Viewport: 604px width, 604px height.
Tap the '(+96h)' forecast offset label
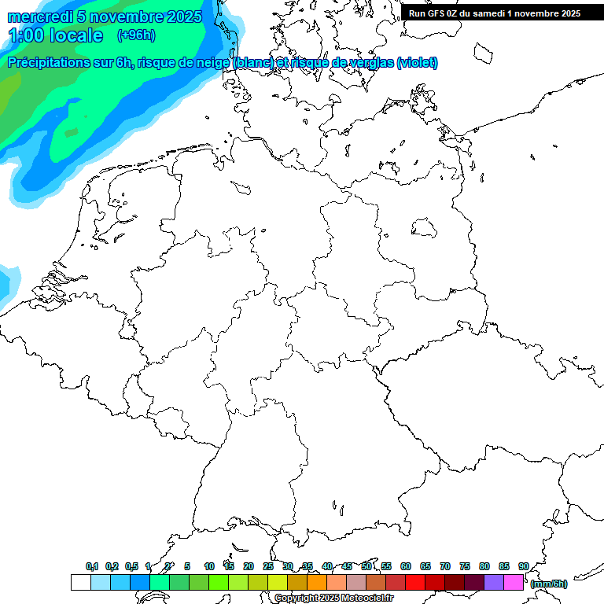click(x=135, y=35)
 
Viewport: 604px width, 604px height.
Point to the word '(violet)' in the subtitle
click(x=417, y=63)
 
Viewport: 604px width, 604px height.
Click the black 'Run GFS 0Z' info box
click(x=495, y=13)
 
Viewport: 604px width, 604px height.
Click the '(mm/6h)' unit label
click(x=549, y=584)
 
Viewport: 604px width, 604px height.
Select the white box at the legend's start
click(x=80, y=582)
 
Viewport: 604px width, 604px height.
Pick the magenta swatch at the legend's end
click(x=514, y=582)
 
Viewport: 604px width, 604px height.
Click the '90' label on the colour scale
click(x=523, y=566)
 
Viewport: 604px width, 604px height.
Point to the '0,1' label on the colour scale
click(x=92, y=566)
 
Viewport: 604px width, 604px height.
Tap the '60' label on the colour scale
click(x=406, y=566)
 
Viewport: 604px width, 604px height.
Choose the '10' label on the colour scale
click(x=209, y=566)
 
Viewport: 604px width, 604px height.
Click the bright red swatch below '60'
click(x=415, y=582)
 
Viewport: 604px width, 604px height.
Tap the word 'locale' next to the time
click(x=76, y=35)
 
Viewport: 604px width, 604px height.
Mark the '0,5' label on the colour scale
click(x=131, y=566)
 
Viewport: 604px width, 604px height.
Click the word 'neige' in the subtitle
click(x=213, y=63)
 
